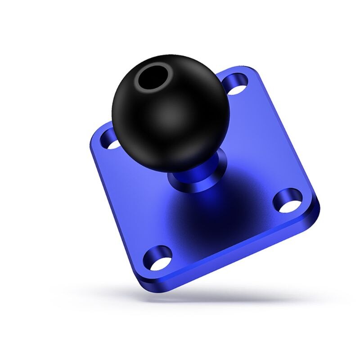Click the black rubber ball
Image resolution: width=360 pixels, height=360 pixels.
coord(171,117)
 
